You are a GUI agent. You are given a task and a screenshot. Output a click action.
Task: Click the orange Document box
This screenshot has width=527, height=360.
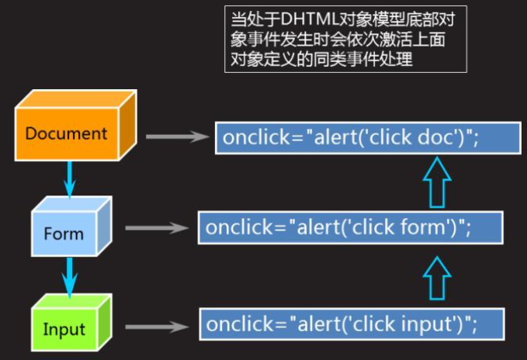(75, 125)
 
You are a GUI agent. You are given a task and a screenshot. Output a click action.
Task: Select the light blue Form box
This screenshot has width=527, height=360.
(71, 227)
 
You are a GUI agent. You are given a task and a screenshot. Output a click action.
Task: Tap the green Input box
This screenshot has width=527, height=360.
(71, 323)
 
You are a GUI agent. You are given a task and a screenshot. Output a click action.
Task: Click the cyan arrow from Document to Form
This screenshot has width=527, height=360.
(69, 178)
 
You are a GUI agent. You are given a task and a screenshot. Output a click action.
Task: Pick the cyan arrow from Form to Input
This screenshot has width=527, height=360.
(69, 277)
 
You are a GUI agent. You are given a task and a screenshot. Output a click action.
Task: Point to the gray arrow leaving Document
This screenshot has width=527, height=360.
(178, 137)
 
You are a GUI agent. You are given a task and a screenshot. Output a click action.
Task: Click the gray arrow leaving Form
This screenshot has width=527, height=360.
(157, 228)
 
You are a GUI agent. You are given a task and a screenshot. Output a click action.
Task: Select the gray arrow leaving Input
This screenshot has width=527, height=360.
(157, 327)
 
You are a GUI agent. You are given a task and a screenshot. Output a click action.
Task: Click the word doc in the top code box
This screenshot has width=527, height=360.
(436, 137)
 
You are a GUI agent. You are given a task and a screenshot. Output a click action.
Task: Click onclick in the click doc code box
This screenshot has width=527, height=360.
(256, 137)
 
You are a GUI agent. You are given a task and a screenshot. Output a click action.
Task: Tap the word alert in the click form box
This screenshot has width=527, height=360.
(317, 227)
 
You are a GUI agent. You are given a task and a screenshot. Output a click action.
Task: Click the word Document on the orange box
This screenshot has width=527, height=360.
(66, 133)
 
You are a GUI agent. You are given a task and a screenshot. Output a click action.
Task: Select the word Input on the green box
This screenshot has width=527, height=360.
(64, 329)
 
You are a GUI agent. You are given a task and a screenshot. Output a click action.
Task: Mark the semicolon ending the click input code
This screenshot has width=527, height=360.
(474, 325)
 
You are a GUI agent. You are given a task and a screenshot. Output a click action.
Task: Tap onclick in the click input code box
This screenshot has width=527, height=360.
(240, 324)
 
